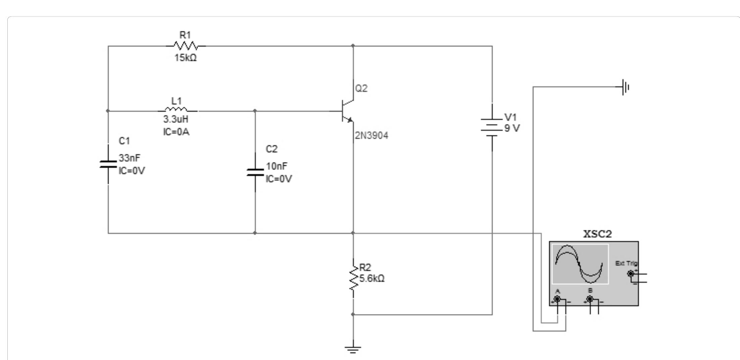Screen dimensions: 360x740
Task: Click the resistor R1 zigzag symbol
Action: pos(185,46)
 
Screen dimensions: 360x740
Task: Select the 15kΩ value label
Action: pos(185,58)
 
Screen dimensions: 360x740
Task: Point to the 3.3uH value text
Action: pos(176,119)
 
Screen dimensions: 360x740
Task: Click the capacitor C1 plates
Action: pos(108,164)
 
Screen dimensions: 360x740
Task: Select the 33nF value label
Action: pos(129,158)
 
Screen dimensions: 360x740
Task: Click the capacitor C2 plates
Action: pos(255,172)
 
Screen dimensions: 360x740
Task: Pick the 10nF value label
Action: pos(277,166)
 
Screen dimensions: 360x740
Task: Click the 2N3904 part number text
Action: pos(372,136)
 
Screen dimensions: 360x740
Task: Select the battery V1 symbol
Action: pos(492,127)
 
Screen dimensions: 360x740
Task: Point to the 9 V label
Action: pos(512,128)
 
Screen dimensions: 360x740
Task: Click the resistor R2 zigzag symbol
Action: pos(353,278)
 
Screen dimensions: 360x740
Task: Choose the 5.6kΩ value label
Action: pos(372,278)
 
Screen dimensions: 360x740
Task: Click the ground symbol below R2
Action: pos(353,350)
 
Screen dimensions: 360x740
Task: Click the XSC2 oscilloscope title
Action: pos(597,234)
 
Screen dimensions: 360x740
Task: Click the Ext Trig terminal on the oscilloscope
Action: pos(631,274)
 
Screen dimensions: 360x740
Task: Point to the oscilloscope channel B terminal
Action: pos(590,299)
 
